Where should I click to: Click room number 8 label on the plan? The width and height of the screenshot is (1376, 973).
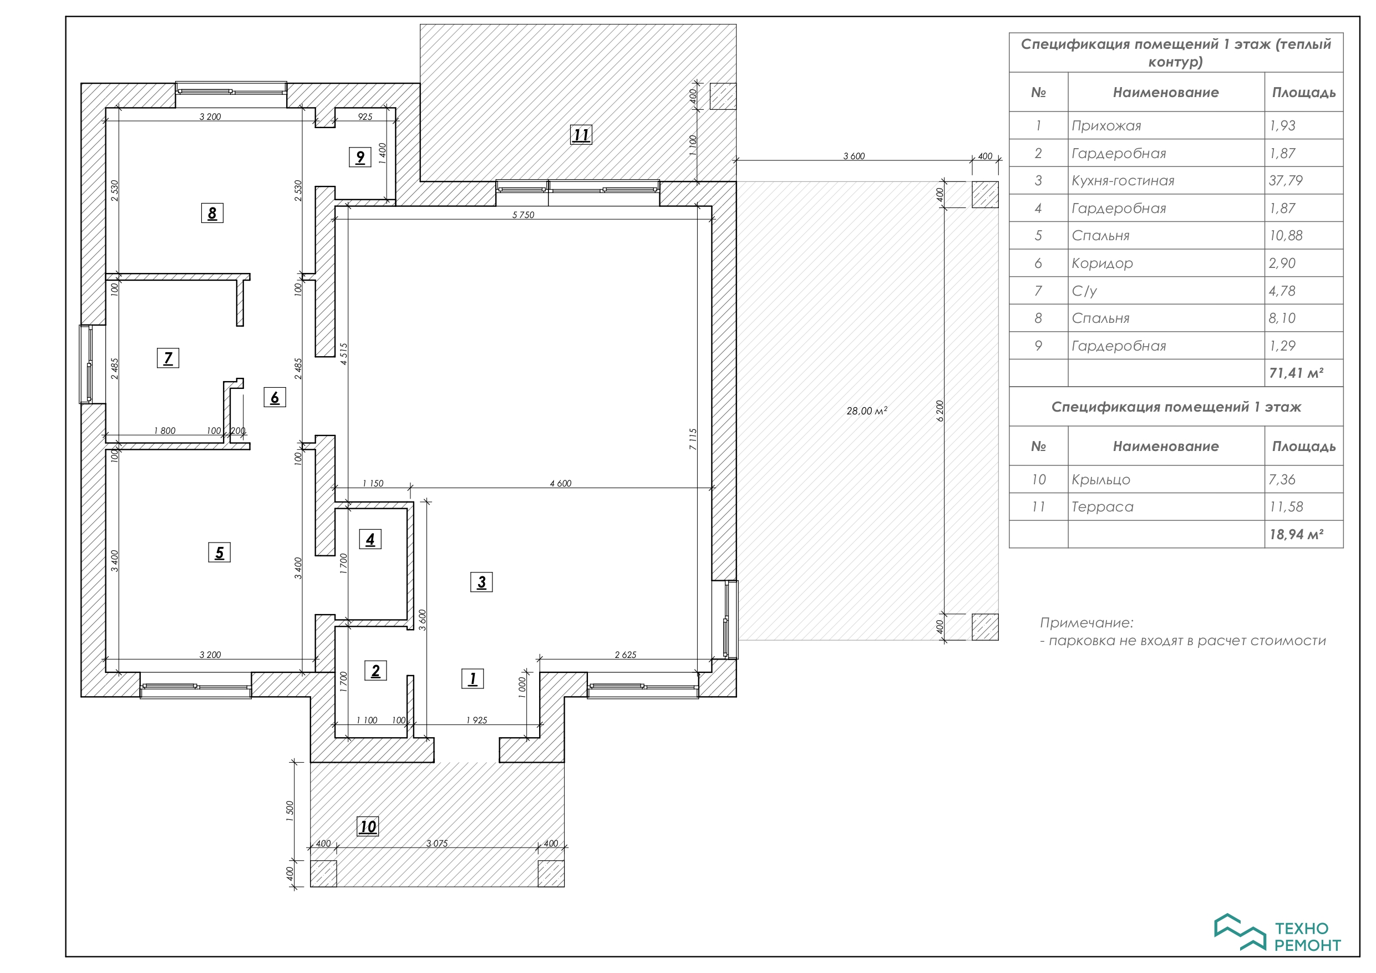pos(212,213)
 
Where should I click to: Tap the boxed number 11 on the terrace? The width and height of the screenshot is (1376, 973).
pos(581,135)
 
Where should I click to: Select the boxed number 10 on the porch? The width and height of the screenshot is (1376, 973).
pos(368,827)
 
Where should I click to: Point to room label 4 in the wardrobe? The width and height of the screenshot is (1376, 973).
pos(370,540)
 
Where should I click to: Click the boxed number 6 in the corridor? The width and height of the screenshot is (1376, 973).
pos(275,398)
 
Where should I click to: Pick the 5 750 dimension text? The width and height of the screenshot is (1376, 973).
pos(523,215)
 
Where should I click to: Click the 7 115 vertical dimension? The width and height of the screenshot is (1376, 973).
pos(693,439)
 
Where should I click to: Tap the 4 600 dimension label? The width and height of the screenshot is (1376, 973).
pos(560,483)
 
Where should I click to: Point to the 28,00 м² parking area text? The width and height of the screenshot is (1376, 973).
pos(867,411)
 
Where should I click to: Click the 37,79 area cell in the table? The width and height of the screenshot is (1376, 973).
pos(1286,180)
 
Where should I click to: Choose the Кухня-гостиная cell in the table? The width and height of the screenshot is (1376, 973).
pos(1123,180)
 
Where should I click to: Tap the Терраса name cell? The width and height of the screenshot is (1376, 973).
pos(1103,507)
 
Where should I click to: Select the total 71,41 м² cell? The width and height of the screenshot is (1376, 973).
pos(1296,373)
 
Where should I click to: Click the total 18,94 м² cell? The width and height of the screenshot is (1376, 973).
pos(1296,534)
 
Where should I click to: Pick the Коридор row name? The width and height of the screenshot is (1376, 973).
pos(1102,263)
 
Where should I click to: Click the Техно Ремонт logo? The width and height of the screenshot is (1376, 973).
pos(1277,933)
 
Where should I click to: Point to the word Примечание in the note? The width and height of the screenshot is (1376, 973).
pos(1086,623)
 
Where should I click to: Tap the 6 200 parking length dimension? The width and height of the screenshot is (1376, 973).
pos(940,411)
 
